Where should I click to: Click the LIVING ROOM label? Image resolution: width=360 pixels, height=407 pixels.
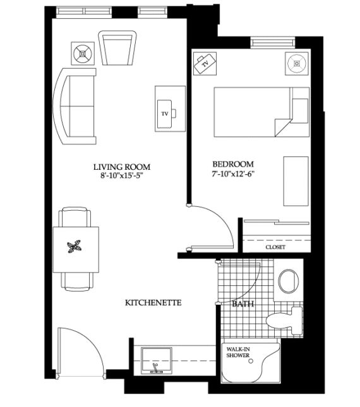click(x=122, y=167)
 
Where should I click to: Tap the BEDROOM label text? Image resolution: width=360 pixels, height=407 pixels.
click(x=233, y=164)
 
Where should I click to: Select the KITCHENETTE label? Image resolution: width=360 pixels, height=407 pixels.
click(x=153, y=303)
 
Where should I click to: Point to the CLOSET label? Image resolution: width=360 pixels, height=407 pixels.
click(x=275, y=247)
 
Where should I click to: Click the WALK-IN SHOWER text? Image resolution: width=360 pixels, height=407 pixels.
click(x=238, y=352)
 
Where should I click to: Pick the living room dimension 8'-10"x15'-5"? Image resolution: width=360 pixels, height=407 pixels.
click(x=122, y=175)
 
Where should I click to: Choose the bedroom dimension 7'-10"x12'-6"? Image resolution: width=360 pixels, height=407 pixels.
click(x=233, y=174)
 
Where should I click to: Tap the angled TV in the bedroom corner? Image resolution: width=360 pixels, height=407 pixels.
click(x=205, y=64)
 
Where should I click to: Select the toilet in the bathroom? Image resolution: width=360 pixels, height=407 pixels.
click(x=284, y=321)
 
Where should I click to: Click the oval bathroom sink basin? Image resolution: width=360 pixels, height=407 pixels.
click(x=288, y=280)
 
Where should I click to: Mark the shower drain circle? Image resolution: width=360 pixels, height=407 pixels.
click(x=251, y=361)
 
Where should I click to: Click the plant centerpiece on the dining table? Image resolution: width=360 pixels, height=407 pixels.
click(x=75, y=247)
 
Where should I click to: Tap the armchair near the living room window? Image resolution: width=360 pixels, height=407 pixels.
click(x=117, y=48)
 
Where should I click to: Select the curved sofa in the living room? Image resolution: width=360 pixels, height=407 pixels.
click(x=74, y=106)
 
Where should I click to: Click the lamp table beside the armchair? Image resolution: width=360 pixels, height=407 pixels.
click(x=83, y=54)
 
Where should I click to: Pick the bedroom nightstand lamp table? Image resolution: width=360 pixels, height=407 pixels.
click(x=297, y=64)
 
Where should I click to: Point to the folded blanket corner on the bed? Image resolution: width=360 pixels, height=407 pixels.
click(x=282, y=127)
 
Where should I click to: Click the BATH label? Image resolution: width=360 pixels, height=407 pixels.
click(x=243, y=304)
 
